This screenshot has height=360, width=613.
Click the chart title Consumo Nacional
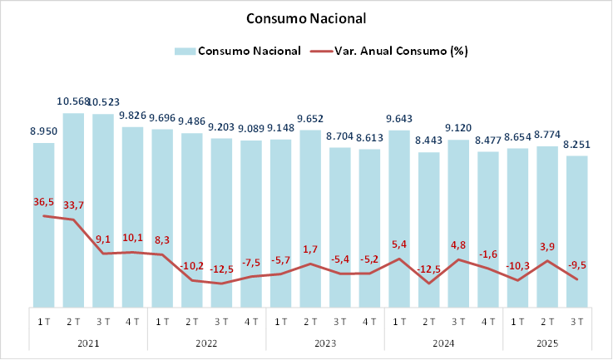point(306,18)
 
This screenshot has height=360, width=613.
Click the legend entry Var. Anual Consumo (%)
point(400,52)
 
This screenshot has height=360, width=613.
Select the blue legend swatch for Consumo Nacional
point(185,52)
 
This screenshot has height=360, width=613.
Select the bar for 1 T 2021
point(44,224)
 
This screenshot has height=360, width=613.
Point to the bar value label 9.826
point(132,116)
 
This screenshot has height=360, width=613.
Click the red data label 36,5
point(44,202)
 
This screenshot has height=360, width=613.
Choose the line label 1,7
point(310,249)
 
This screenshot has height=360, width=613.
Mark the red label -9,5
point(577,265)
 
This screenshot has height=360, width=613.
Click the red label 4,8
point(457,245)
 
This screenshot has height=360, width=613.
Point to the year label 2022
point(206,343)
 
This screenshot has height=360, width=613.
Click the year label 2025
point(546,343)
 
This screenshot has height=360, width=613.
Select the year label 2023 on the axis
point(324,343)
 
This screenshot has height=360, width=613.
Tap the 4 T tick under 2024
point(487,321)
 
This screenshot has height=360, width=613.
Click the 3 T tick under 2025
point(576,321)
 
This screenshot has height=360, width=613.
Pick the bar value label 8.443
point(428,141)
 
